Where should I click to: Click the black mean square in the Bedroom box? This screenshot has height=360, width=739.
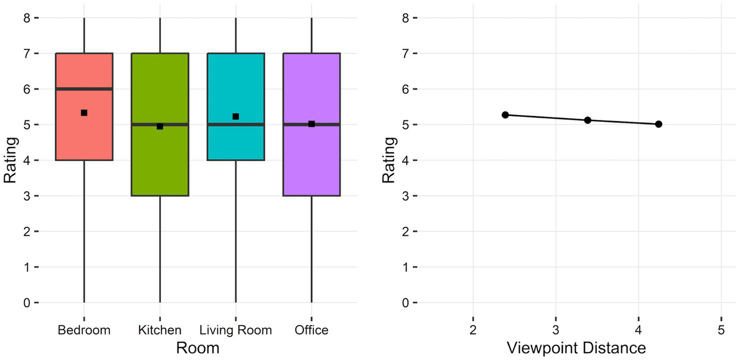[x=84, y=113]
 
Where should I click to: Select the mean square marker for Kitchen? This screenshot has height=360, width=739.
[x=160, y=126]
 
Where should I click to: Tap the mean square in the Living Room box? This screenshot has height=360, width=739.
[x=236, y=117]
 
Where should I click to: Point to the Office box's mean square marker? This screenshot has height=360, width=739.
[x=312, y=124]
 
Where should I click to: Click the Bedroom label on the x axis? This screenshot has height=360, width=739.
[x=84, y=330]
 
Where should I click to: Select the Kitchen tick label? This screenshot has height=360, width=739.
[x=160, y=330]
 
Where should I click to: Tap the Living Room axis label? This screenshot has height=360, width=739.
[x=236, y=330]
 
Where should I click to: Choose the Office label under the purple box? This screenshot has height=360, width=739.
[x=311, y=330]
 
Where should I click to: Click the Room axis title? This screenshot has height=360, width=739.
[x=197, y=348]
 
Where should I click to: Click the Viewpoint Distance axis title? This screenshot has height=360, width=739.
[x=576, y=348]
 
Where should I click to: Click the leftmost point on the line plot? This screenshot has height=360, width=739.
[x=505, y=115]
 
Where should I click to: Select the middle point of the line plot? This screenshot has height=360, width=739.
[x=588, y=120]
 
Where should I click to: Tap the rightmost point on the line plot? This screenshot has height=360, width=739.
[x=658, y=124]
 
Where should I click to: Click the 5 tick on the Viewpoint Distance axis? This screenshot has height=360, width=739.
[x=721, y=330]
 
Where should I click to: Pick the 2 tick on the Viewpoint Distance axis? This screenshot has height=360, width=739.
[x=473, y=330]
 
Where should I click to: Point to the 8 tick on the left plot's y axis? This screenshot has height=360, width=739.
[x=27, y=18]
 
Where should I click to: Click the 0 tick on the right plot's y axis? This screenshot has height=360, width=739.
[x=406, y=303]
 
